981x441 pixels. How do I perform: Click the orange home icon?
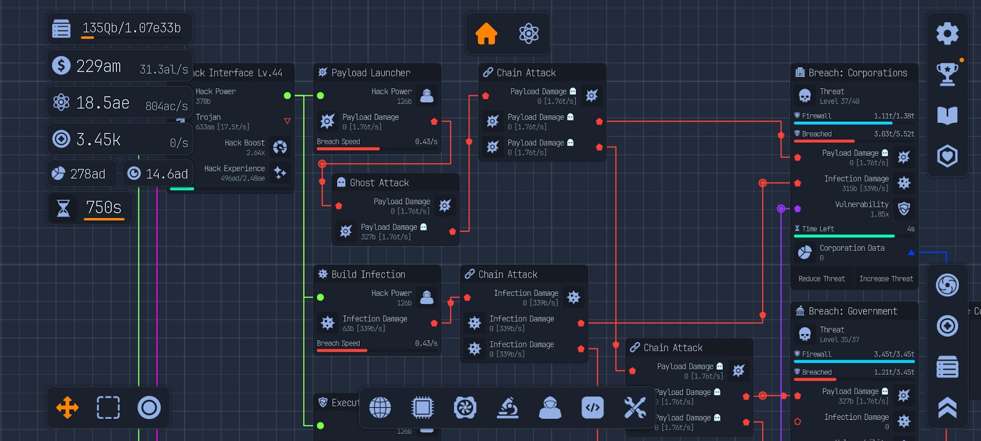[486, 34]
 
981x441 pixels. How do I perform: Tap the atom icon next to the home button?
[529, 34]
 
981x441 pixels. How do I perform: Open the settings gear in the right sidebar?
[947, 34]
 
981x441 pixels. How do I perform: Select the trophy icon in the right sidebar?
[947, 74]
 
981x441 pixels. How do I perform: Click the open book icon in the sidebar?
[947, 115]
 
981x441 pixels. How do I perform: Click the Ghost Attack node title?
[379, 183]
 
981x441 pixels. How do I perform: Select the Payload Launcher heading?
[370, 73]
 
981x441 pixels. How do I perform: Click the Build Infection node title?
[368, 275]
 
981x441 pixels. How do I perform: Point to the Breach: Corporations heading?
[857, 73]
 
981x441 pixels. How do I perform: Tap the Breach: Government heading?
[852, 311]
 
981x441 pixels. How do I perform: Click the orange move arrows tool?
[67, 408]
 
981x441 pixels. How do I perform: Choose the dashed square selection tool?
[108, 408]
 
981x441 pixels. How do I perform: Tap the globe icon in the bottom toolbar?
[380, 408]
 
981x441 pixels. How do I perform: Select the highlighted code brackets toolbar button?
[593, 408]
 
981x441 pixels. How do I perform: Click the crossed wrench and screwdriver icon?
[635, 408]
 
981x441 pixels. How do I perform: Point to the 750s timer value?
[104, 207]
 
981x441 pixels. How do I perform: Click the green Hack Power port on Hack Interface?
[287, 96]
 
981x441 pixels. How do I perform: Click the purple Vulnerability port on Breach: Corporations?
[797, 209]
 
